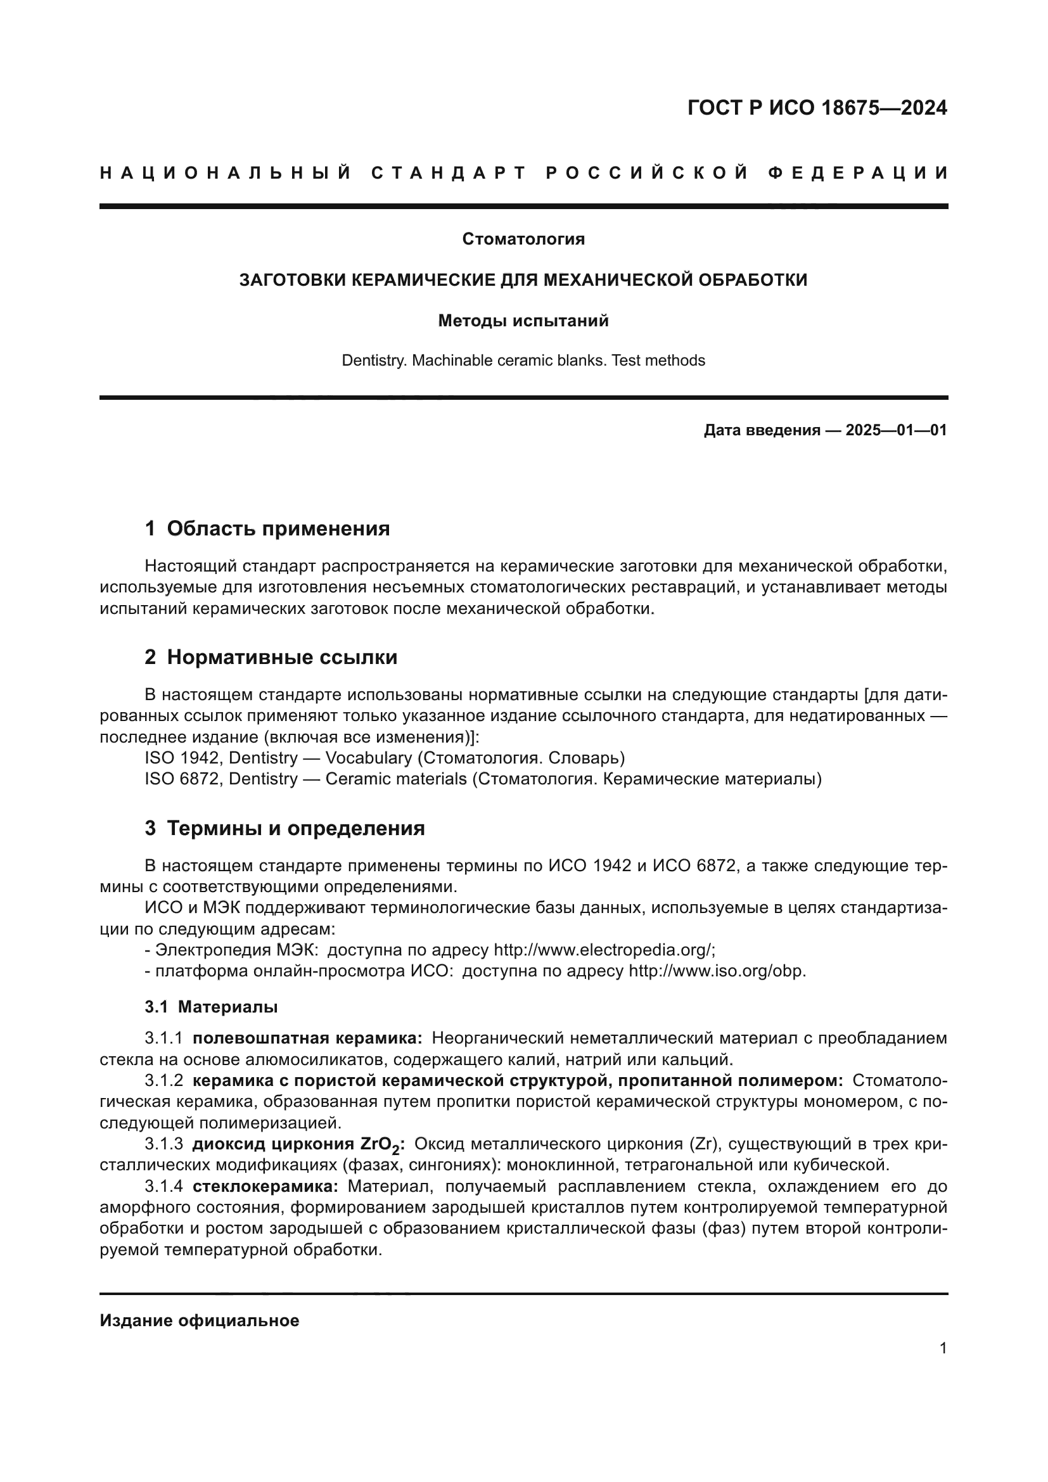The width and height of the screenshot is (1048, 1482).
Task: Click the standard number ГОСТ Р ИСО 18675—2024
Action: click(817, 108)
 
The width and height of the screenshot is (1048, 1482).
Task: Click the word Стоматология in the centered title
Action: click(523, 239)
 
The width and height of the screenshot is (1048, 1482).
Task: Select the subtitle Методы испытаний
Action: click(523, 320)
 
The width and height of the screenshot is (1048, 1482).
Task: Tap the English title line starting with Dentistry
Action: click(523, 360)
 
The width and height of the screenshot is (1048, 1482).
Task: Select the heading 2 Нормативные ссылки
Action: click(271, 657)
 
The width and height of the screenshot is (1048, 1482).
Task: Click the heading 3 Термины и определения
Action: click(284, 828)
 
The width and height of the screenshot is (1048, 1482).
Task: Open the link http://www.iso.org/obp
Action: click(717, 971)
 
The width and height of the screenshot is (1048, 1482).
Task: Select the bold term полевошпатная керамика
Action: click(307, 1038)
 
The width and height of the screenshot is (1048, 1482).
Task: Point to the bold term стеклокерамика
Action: click(265, 1186)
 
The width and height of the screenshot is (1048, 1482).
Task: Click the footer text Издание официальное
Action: click(200, 1320)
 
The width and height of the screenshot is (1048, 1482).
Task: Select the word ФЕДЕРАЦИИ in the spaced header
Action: click(859, 173)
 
